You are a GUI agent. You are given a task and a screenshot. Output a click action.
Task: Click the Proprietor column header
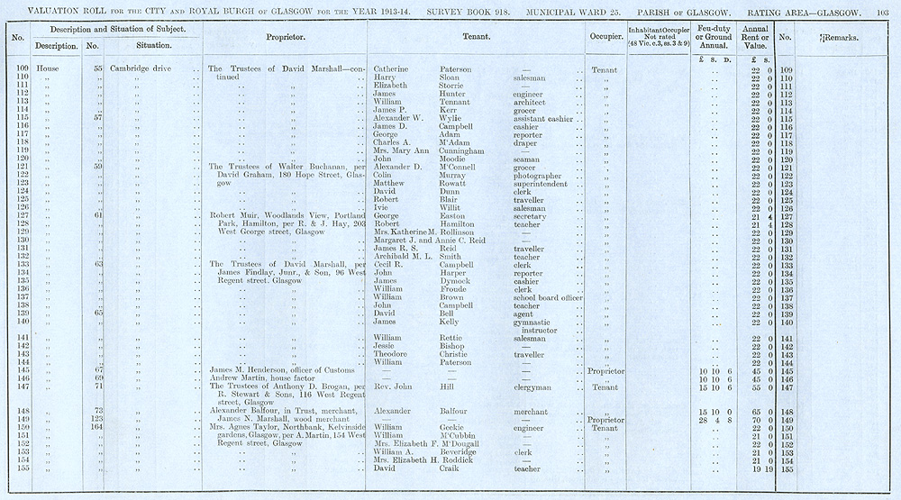click(x=286, y=39)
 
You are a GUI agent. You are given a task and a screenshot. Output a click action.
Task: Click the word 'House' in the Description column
click(x=48, y=69)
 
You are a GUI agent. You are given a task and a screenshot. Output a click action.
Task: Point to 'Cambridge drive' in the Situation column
click(x=143, y=69)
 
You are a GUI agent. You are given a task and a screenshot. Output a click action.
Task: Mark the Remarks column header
click(x=843, y=39)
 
